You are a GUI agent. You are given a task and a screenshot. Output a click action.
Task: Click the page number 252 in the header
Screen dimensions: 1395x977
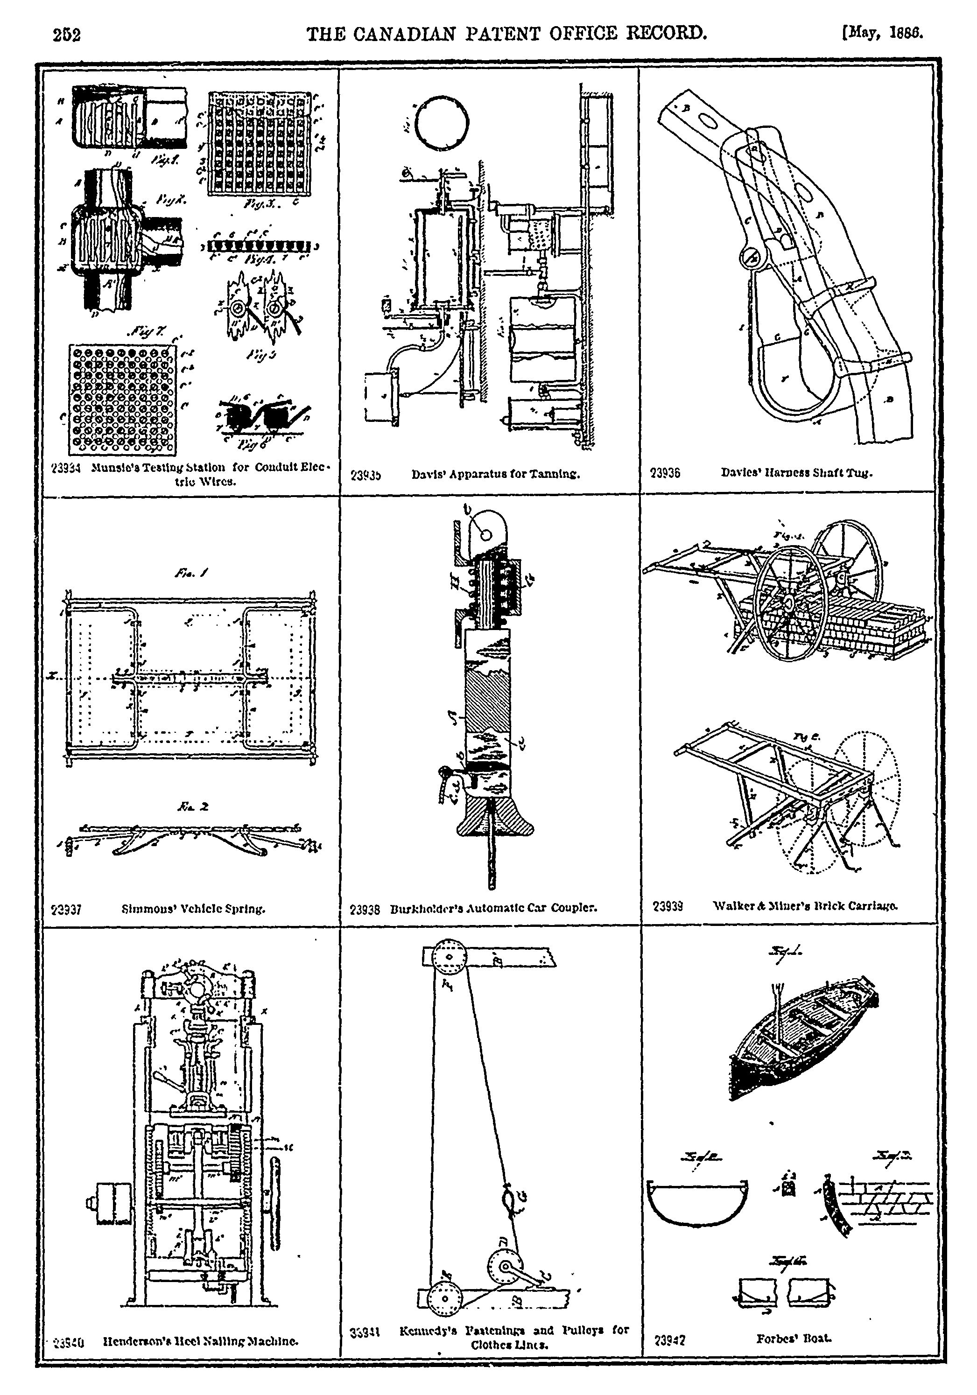(67, 35)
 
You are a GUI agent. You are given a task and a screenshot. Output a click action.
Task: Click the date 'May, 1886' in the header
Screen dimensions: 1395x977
(882, 32)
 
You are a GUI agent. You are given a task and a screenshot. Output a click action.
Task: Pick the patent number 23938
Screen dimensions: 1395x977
(365, 910)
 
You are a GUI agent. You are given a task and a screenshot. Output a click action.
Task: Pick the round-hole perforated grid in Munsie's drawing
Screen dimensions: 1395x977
(122, 399)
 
